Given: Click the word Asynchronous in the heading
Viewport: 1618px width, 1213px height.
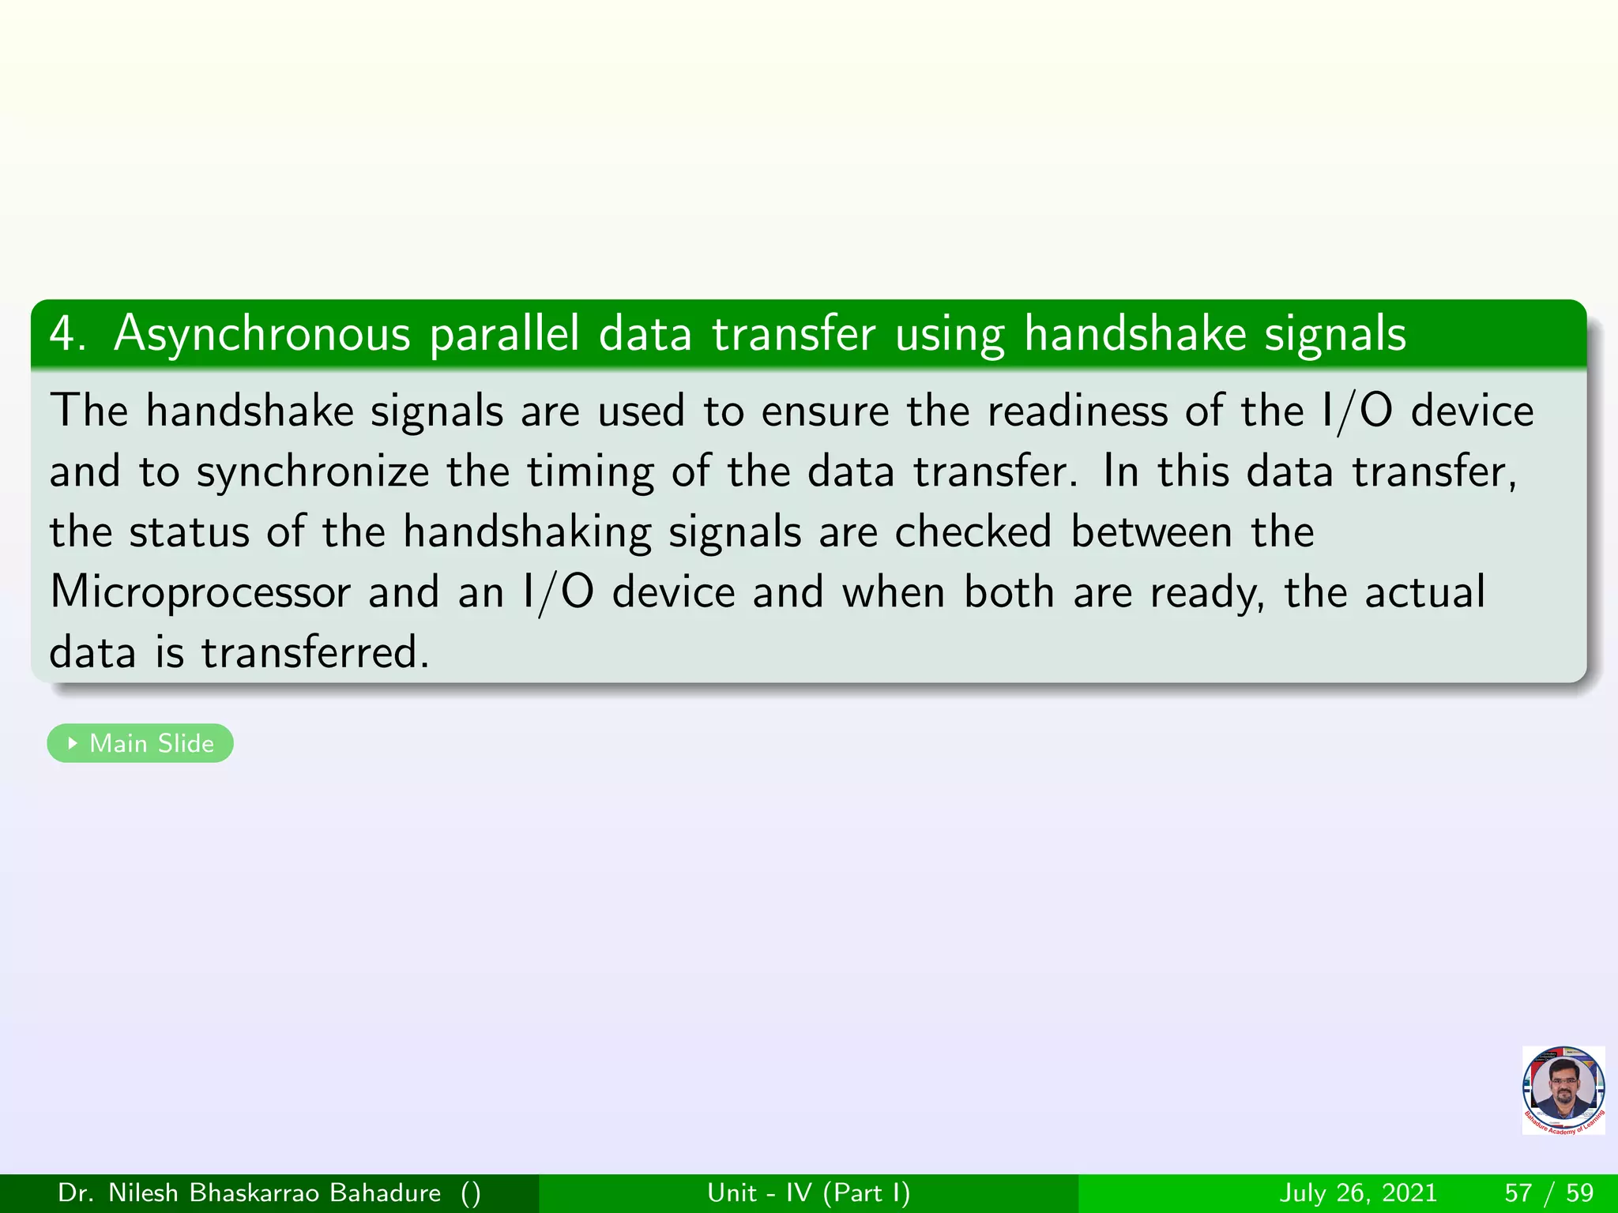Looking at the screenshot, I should (x=262, y=334).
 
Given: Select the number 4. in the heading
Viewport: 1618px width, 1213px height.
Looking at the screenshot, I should (x=67, y=334).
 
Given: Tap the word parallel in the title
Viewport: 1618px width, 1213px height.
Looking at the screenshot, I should (x=504, y=334).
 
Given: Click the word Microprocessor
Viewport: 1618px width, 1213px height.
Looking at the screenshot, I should (x=200, y=592).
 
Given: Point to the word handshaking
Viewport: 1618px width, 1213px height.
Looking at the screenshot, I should (x=526, y=531).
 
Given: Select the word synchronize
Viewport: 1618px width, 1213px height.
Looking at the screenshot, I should (x=313, y=472).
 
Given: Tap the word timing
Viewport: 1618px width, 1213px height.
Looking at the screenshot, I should (x=590, y=472).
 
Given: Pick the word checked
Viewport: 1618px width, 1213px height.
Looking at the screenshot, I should (x=973, y=531).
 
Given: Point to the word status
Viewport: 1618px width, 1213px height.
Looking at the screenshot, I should (x=189, y=531).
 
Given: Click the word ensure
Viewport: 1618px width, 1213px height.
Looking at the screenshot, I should (x=825, y=411).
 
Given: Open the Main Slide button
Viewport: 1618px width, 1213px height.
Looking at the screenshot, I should (x=141, y=743).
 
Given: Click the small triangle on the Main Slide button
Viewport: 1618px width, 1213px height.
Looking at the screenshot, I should (x=73, y=743).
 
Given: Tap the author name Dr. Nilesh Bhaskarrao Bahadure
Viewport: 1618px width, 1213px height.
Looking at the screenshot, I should (x=250, y=1192).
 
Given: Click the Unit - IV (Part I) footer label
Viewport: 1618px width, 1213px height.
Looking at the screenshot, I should (x=809, y=1192).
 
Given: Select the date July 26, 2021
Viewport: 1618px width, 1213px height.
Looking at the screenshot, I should (x=1358, y=1192).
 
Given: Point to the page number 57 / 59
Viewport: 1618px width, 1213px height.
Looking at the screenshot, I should (x=1548, y=1192).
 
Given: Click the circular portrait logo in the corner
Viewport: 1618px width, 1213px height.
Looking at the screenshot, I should (x=1563, y=1090).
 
